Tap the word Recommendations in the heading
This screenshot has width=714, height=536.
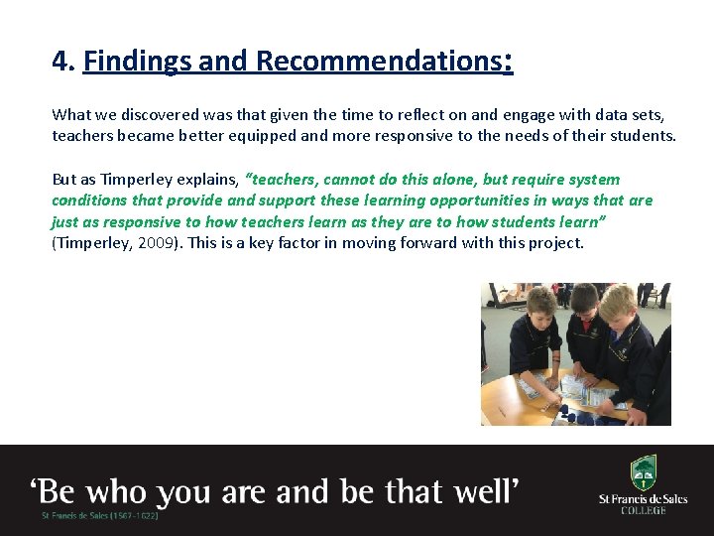(378, 62)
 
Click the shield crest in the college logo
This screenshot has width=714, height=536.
(644, 471)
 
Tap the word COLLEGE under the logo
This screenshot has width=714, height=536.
(644, 510)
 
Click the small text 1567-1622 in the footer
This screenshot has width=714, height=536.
(133, 516)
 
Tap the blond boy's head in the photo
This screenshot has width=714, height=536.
(617, 303)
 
